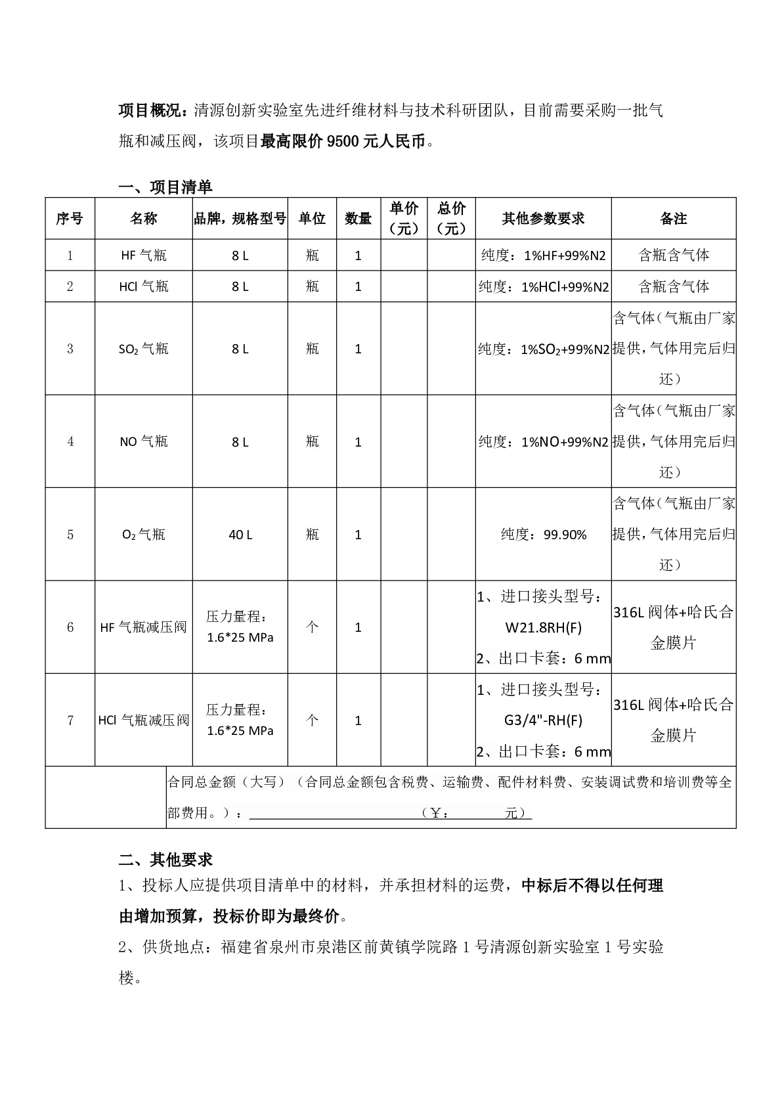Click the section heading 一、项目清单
click(x=165, y=187)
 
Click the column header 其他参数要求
click(x=543, y=219)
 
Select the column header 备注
click(x=673, y=219)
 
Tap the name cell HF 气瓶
click(x=144, y=255)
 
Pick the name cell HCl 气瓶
click(x=144, y=286)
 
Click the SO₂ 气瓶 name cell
click(x=144, y=349)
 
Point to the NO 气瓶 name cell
click(x=144, y=441)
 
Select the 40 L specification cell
click(x=240, y=535)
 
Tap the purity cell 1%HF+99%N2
click(x=544, y=255)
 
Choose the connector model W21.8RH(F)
click(x=544, y=627)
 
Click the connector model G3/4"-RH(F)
click(x=544, y=720)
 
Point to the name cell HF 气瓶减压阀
click(x=144, y=627)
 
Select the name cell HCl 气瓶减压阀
click(x=144, y=720)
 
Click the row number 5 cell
click(x=70, y=535)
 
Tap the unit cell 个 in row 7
click(x=312, y=720)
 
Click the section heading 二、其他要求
click(x=165, y=859)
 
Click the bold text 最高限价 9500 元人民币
click(x=343, y=141)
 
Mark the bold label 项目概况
click(x=155, y=110)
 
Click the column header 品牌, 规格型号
click(x=240, y=219)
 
